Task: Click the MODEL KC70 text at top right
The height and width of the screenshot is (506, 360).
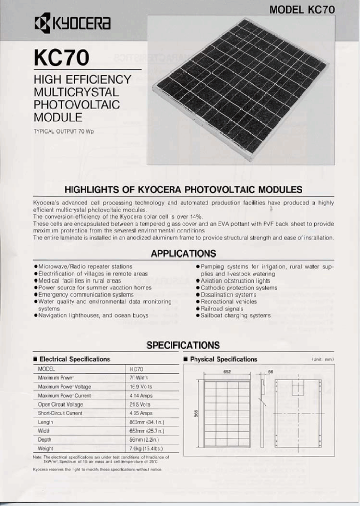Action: click(x=302, y=9)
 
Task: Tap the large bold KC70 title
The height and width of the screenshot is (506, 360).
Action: click(x=61, y=57)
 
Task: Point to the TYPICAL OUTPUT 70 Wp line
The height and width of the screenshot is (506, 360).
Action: click(x=63, y=131)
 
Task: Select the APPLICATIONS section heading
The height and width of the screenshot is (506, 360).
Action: click(x=183, y=253)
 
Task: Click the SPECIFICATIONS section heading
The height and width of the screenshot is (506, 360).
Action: click(x=183, y=345)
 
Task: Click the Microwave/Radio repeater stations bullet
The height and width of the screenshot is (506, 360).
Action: click(x=85, y=266)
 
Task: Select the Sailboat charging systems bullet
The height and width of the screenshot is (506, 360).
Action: click(x=235, y=315)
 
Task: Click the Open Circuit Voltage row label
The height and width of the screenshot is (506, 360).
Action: click(x=60, y=404)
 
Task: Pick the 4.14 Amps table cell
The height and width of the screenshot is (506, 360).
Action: click(x=141, y=395)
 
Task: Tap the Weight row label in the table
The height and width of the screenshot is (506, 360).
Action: click(x=45, y=448)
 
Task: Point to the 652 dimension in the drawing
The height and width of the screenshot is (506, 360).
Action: click(x=227, y=371)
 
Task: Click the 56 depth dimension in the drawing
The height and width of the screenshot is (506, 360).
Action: click(x=270, y=371)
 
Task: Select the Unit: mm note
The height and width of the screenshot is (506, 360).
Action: click(x=322, y=359)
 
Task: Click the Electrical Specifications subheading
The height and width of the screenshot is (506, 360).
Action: click(x=74, y=359)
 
